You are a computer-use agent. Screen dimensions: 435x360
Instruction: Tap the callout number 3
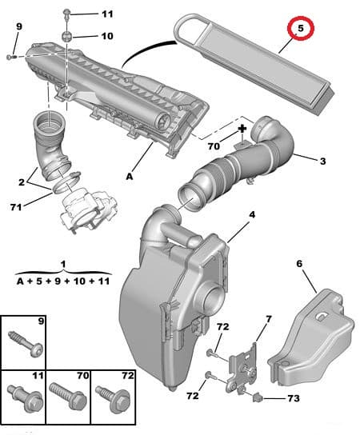(322, 162)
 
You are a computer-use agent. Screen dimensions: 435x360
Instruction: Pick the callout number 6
(300, 262)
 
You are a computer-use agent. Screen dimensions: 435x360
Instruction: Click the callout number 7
(268, 320)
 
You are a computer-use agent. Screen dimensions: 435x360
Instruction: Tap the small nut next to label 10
(69, 35)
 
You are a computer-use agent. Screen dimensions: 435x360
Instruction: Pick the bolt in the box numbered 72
(110, 394)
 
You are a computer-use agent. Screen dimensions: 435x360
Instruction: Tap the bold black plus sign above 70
(242, 129)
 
